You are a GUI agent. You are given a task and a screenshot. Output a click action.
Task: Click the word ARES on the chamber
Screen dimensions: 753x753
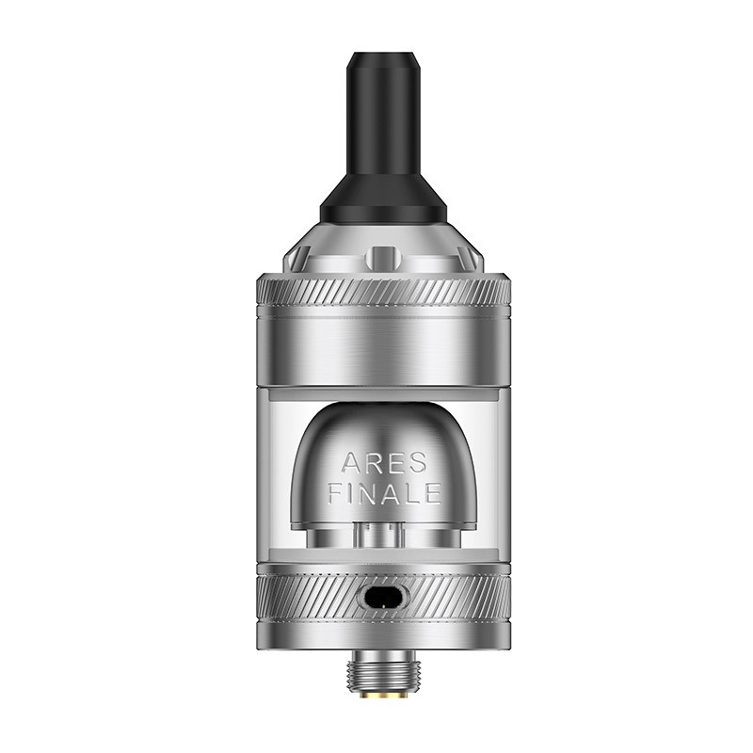click(383, 462)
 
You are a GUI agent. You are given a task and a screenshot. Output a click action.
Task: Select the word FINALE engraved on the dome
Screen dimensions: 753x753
click(383, 491)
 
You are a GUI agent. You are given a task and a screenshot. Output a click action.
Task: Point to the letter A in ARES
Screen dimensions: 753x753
click(350, 462)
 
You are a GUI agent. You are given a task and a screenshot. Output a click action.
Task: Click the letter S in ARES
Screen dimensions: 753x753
click(417, 462)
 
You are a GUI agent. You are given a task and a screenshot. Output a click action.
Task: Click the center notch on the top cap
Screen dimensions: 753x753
click(382, 255)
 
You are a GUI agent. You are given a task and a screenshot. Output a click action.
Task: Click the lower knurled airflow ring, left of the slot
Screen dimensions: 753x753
click(301, 595)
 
